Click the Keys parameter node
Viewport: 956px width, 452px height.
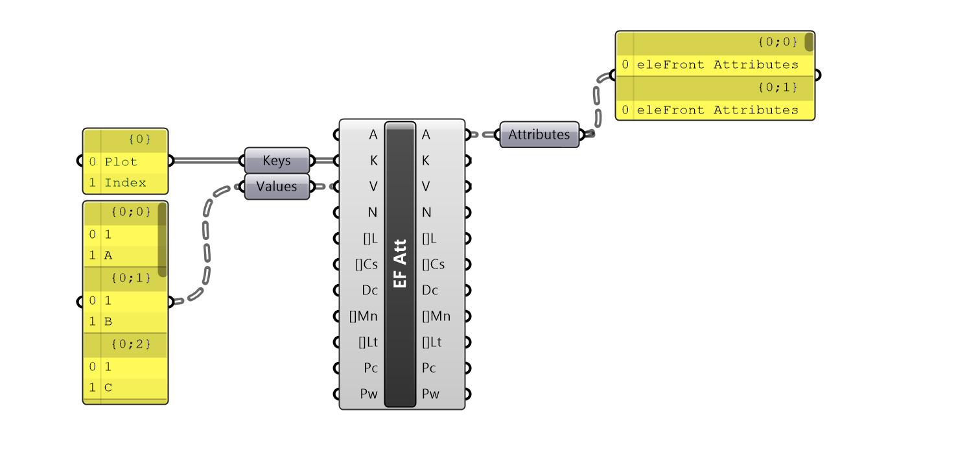click(x=277, y=161)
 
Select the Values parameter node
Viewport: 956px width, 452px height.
click(x=277, y=187)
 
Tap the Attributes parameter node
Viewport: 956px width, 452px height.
click(x=539, y=135)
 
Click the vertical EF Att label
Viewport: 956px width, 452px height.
click(x=401, y=265)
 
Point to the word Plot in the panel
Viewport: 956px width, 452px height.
click(x=121, y=161)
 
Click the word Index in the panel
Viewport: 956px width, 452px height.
click(x=125, y=183)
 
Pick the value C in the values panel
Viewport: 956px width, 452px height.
click(x=108, y=388)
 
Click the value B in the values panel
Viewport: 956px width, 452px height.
click(x=108, y=322)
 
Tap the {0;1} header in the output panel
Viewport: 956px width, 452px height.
click(x=777, y=87)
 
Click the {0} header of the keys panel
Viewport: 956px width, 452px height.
click(x=139, y=139)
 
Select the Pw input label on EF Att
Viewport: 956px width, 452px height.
click(x=369, y=394)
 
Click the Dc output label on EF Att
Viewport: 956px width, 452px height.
click(x=430, y=290)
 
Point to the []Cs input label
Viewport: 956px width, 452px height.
click(x=366, y=264)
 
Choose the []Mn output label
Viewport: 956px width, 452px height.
click(x=436, y=316)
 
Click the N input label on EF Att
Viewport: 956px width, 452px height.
click(x=373, y=212)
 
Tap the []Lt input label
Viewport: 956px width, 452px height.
click(x=367, y=342)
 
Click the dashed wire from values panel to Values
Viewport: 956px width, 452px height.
click(x=207, y=246)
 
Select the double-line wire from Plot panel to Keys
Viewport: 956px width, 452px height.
click(x=207, y=161)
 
